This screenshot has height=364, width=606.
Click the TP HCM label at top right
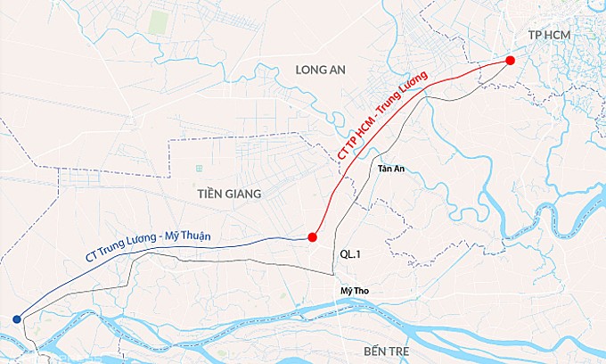pyautogui.click(x=549, y=34)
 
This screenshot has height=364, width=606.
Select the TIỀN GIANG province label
pyautogui.click(x=230, y=193)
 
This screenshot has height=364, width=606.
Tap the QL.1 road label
pyautogui.click(x=350, y=254)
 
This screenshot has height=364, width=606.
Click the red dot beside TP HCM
pyautogui.click(x=510, y=60)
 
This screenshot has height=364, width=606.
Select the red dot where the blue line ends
pyautogui.click(x=312, y=237)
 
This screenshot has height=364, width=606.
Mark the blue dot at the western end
pyautogui.click(x=17, y=318)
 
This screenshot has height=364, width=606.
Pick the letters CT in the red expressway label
pyautogui.click(x=344, y=153)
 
